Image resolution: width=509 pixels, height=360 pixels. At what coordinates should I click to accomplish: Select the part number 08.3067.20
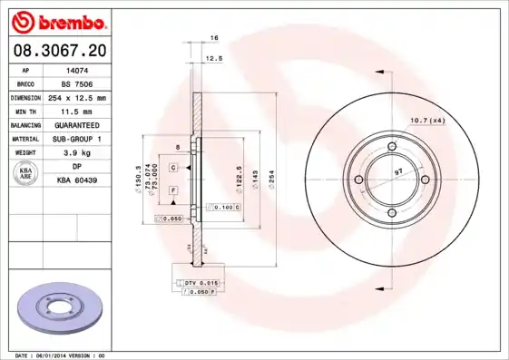pyautogui.click(x=61, y=53)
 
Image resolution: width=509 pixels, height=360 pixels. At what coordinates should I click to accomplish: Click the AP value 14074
pyautogui.click(x=78, y=70)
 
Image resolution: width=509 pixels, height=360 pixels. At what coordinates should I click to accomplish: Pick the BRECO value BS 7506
pyautogui.click(x=78, y=83)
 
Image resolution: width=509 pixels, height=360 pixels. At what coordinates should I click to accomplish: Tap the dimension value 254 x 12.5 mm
pyautogui.click(x=78, y=97)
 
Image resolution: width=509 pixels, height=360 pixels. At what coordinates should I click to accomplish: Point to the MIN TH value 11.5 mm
pyautogui.click(x=78, y=111)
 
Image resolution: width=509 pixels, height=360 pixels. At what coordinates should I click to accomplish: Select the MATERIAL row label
pyautogui.click(x=26, y=139)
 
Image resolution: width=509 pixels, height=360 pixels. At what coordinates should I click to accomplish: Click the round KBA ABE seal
pyautogui.click(x=26, y=173)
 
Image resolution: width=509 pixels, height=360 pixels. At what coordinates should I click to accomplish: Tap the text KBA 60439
pyautogui.click(x=78, y=180)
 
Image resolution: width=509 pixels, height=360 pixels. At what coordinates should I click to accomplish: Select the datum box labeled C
pyautogui.click(x=173, y=156)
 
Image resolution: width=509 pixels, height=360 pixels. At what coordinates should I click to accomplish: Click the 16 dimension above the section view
pyautogui.click(x=214, y=38)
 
